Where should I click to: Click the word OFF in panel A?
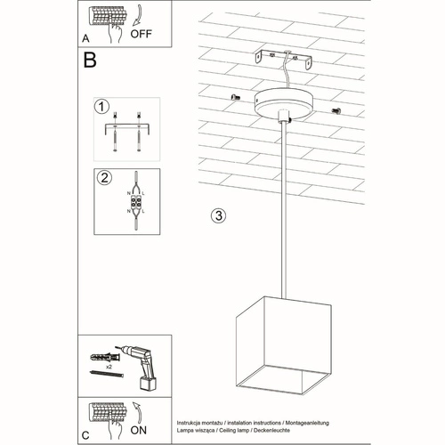(142, 36)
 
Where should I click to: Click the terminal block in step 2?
(136, 203)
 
